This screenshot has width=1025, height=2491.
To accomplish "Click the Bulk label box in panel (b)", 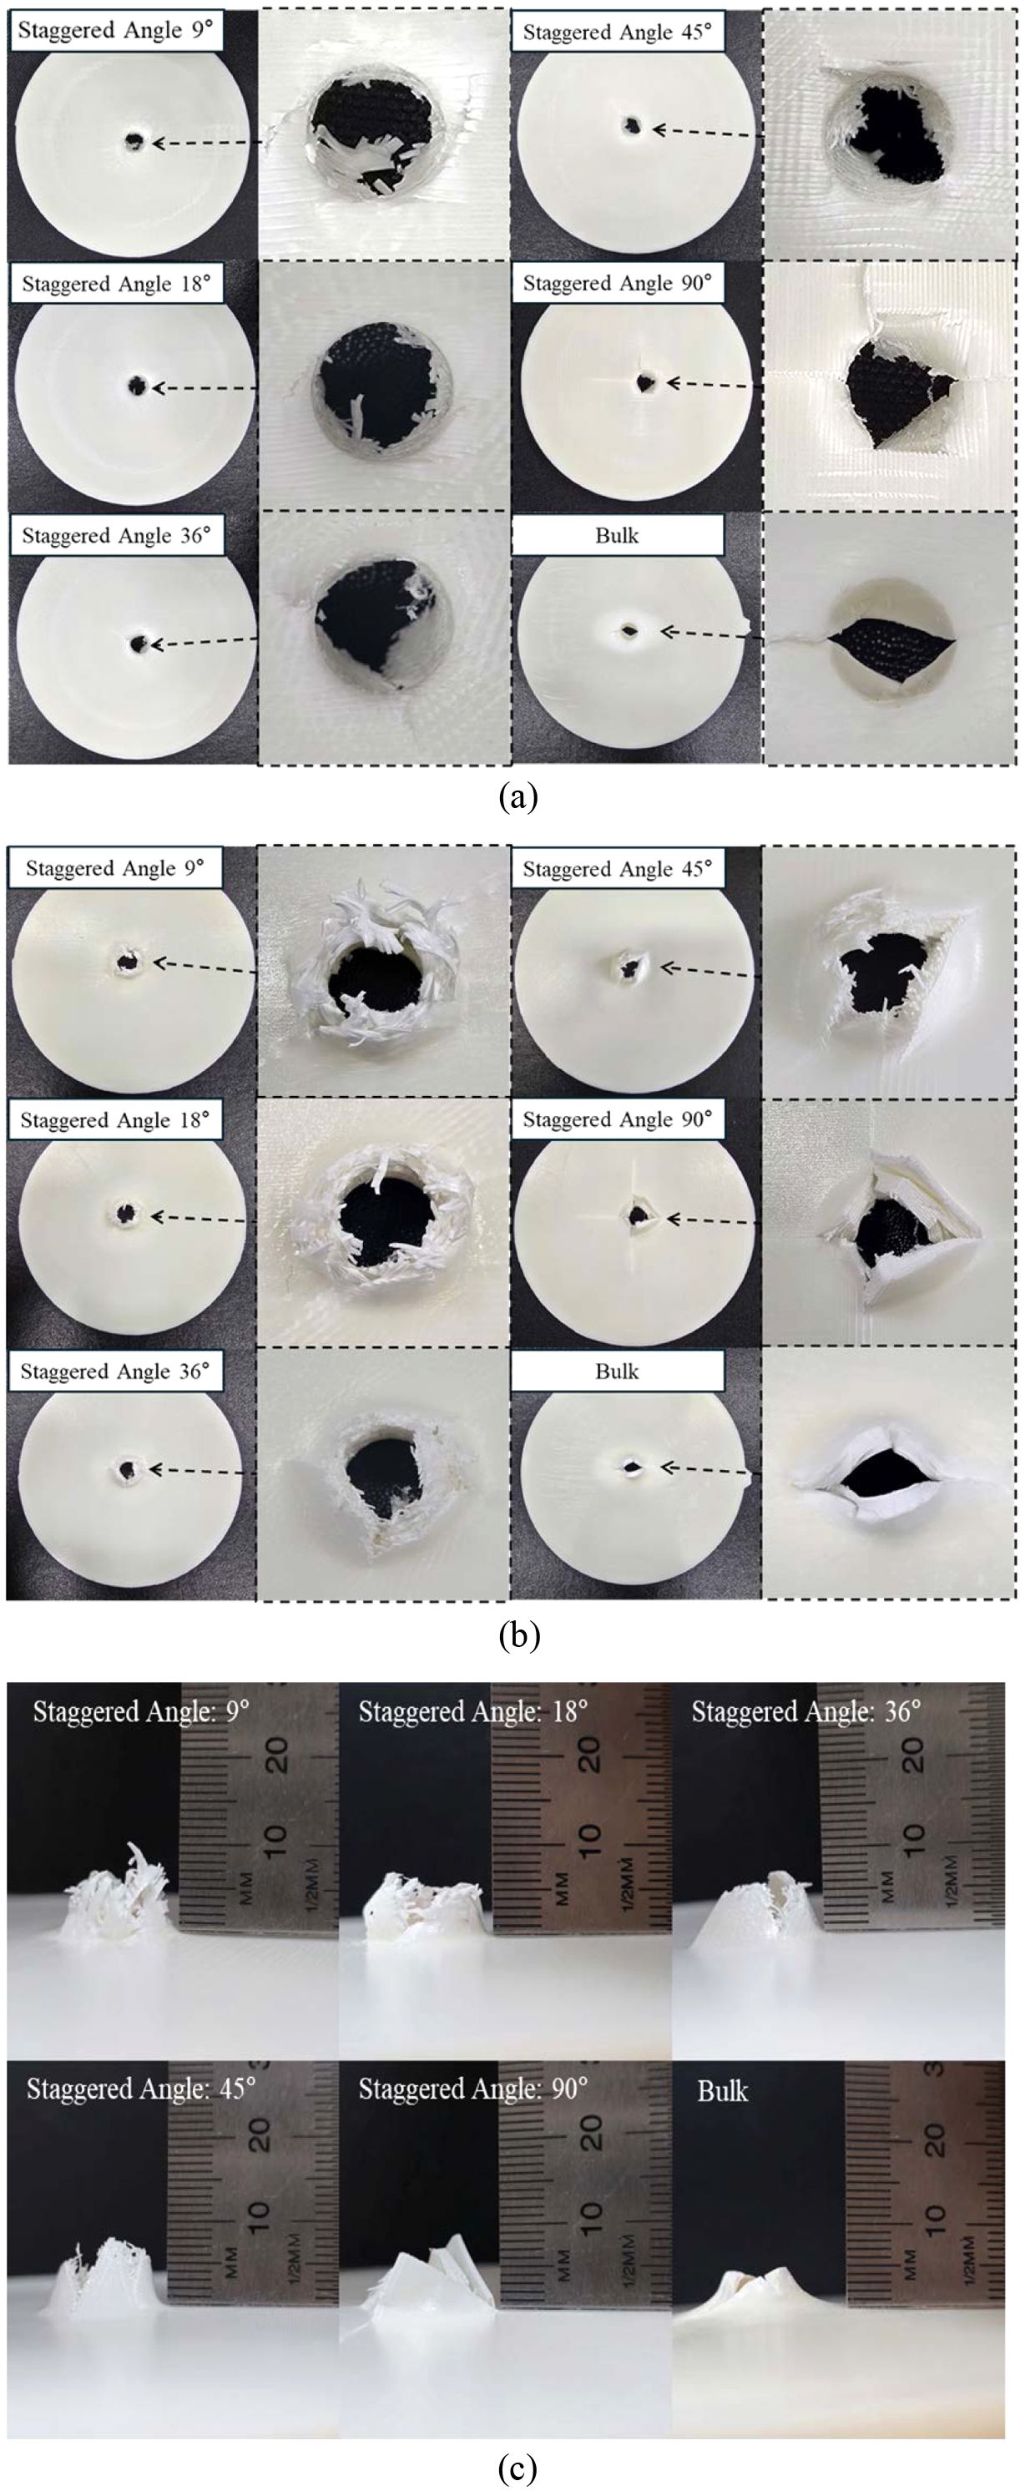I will point(617,1372).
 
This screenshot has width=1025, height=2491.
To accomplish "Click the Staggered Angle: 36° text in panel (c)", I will point(805,1711).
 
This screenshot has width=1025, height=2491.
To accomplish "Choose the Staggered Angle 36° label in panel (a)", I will point(115,535).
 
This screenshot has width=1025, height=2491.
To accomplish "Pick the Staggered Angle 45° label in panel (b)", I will point(617,868).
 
